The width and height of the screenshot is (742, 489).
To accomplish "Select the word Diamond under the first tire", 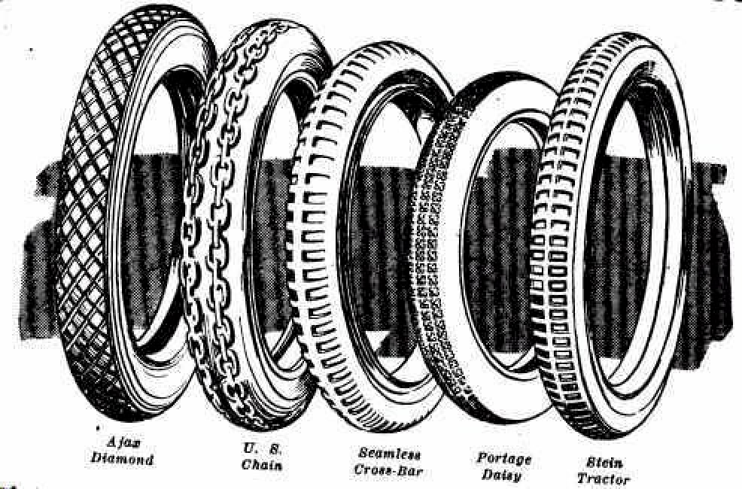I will tap(123, 459).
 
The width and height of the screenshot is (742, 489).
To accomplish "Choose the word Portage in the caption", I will tap(503, 459).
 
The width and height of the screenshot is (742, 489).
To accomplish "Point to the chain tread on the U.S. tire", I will tap(207, 226).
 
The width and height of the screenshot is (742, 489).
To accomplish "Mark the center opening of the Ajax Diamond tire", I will tap(158, 226).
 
